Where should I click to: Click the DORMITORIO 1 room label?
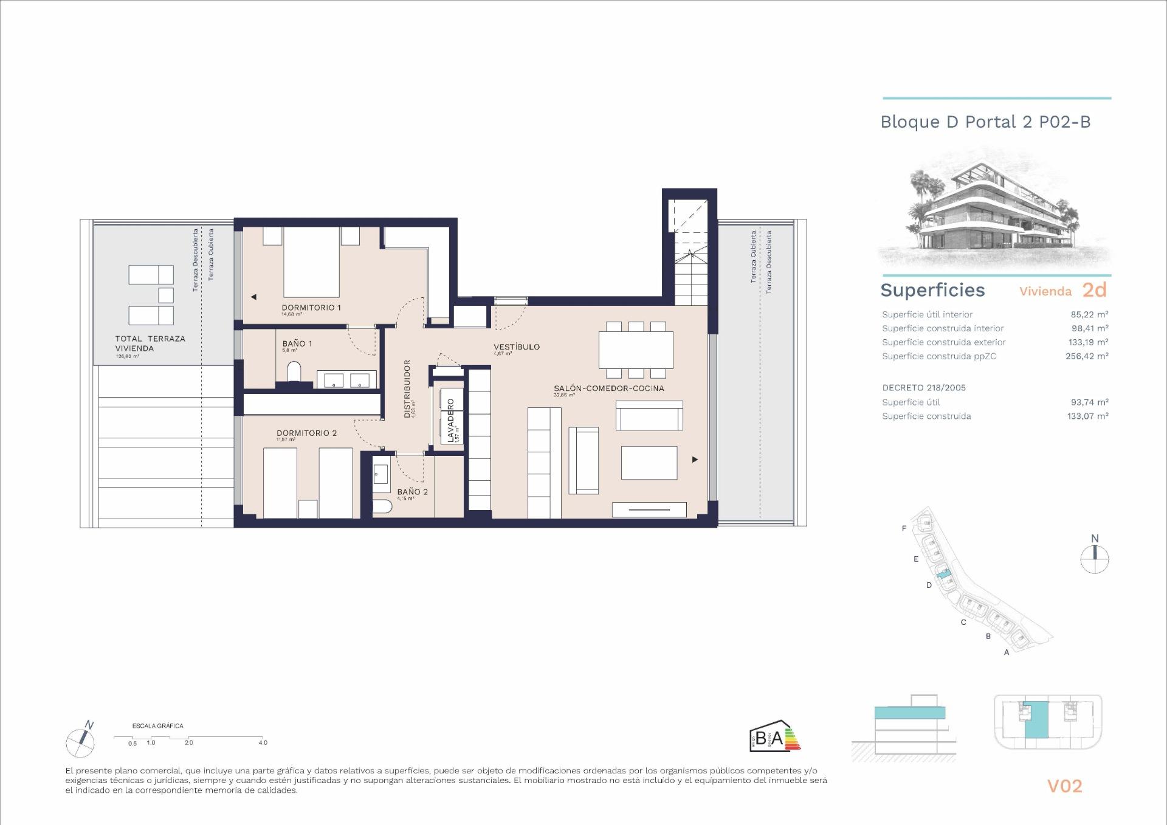(x=311, y=308)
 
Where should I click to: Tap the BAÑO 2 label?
(x=412, y=492)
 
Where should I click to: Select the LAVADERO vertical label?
(x=450, y=420)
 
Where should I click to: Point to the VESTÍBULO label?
(x=516, y=347)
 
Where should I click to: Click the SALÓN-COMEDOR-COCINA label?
(x=608, y=388)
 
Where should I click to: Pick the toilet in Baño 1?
(x=294, y=371)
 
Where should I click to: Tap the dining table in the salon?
(x=636, y=350)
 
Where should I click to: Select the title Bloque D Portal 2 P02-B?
(x=985, y=122)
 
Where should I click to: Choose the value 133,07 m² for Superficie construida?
(x=1087, y=416)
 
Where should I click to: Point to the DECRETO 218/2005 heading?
(x=923, y=387)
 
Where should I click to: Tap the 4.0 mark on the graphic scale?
(x=263, y=742)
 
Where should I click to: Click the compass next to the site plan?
(x=1095, y=558)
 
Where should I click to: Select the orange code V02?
(x=1064, y=786)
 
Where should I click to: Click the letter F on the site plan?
(x=904, y=528)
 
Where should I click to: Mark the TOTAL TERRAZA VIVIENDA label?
(x=150, y=343)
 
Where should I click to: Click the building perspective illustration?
(x=994, y=210)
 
